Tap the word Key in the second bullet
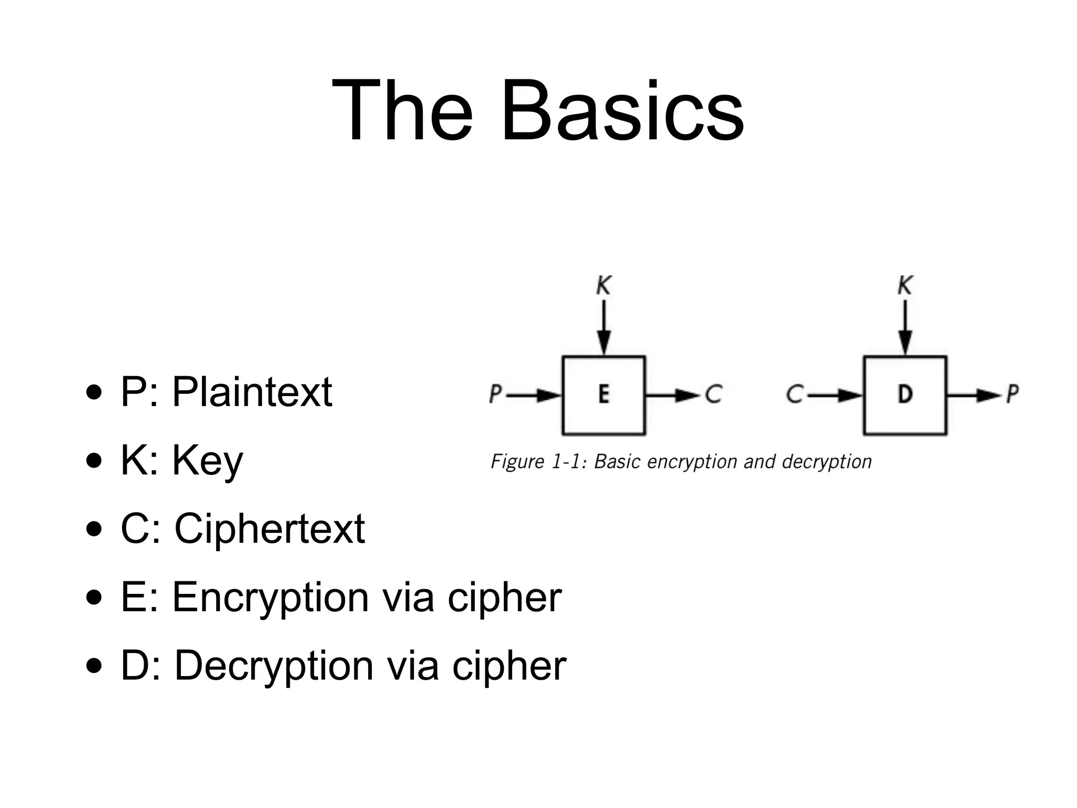click(208, 461)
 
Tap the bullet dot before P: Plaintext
click(94, 393)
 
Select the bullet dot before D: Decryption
click(94, 667)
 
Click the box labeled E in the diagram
click(604, 395)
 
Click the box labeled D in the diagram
click(905, 395)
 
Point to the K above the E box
click(604, 286)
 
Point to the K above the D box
click(905, 286)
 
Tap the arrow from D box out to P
click(973, 395)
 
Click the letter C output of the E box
click(714, 394)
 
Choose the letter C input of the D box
click(795, 394)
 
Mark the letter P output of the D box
click(1012, 394)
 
